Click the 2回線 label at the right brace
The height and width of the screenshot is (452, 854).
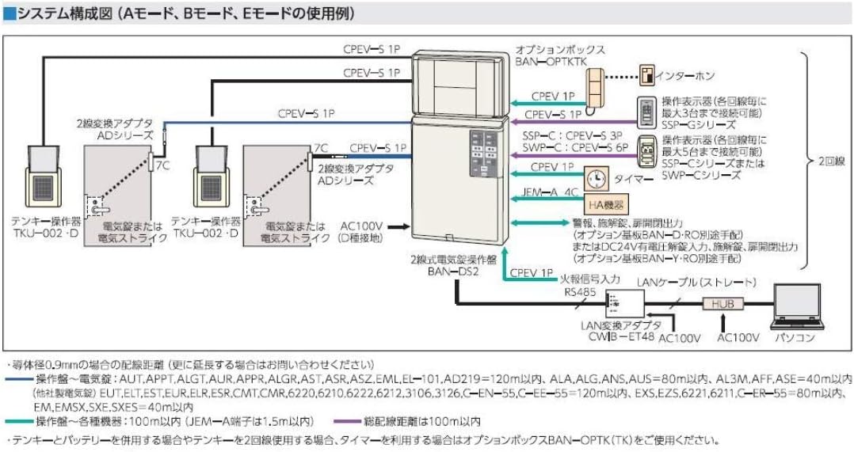pyautogui.click(x=833, y=161)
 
